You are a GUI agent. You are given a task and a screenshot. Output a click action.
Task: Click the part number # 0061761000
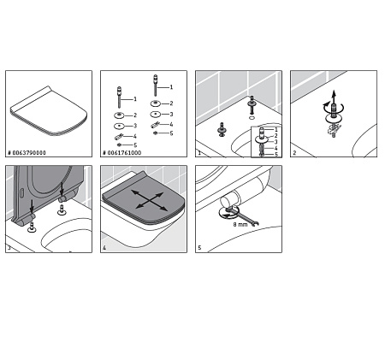tap(123, 152)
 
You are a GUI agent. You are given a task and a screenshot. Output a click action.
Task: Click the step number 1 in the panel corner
tap(199, 153)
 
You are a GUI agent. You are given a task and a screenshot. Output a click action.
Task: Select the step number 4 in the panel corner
tap(104, 248)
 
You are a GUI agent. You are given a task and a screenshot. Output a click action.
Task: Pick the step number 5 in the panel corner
tap(199, 248)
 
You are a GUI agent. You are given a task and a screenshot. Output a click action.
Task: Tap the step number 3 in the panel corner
tap(9, 248)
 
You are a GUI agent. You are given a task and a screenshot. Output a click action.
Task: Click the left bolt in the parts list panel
tap(120, 97)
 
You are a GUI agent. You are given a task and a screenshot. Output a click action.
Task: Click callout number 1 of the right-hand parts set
tap(170, 86)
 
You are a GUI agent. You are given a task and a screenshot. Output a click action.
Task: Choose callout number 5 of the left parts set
tap(134, 145)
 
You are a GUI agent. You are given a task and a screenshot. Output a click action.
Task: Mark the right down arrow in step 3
tap(62, 196)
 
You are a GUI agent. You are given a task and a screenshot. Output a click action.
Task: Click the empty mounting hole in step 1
tap(251, 116)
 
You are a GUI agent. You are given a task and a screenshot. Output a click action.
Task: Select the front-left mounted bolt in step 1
tap(222, 131)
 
